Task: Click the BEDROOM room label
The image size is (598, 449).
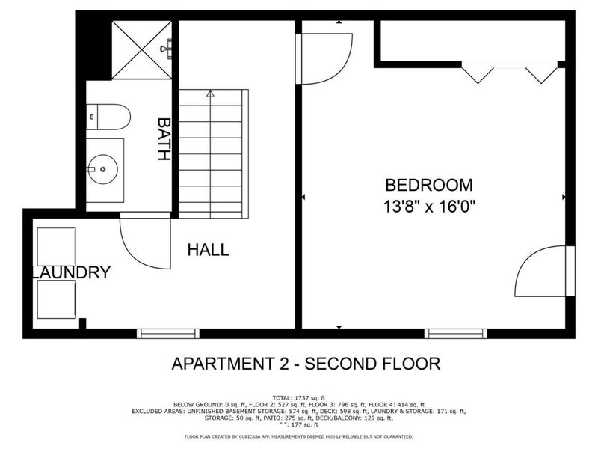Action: pyautogui.click(x=429, y=185)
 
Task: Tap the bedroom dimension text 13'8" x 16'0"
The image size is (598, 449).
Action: pyautogui.click(x=429, y=204)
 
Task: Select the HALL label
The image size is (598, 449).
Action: pyautogui.click(x=208, y=250)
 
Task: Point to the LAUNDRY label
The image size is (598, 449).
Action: pyautogui.click(x=72, y=272)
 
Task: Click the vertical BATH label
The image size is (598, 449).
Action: pyautogui.click(x=164, y=138)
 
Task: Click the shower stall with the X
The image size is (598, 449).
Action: pyautogui.click(x=142, y=49)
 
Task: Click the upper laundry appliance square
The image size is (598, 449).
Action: pyautogui.click(x=56, y=247)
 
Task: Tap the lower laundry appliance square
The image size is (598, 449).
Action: pyautogui.click(x=56, y=299)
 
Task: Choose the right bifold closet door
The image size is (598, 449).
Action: pyautogui.click(x=541, y=73)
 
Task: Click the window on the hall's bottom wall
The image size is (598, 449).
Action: pyautogui.click(x=168, y=333)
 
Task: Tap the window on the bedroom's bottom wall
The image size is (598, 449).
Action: pyautogui.click(x=456, y=333)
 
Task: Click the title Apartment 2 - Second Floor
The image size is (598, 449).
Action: pyautogui.click(x=306, y=364)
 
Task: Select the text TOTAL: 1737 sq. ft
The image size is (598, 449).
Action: pyautogui.click(x=298, y=397)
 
